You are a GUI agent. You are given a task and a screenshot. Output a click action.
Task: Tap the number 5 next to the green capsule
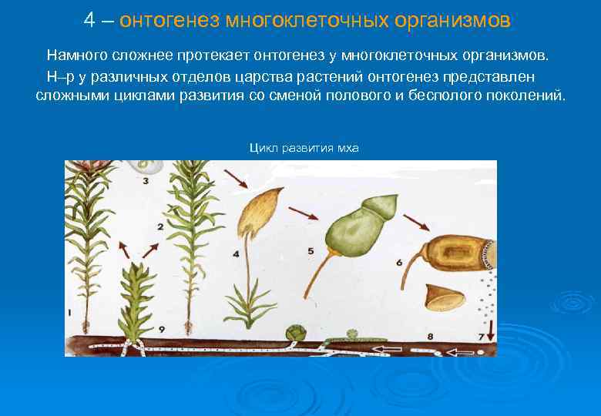[310, 250]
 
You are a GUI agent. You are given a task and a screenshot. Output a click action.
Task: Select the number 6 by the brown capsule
[399, 262]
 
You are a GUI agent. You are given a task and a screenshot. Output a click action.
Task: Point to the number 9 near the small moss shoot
[162, 329]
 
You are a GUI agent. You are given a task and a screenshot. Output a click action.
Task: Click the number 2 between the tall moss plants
[159, 226]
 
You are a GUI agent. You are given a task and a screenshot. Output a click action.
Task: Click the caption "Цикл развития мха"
[304, 148]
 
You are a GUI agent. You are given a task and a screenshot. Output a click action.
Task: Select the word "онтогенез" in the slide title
[170, 20]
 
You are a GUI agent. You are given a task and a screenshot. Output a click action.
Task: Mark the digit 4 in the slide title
[89, 20]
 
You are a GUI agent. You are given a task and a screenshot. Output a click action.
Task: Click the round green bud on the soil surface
[294, 333]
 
